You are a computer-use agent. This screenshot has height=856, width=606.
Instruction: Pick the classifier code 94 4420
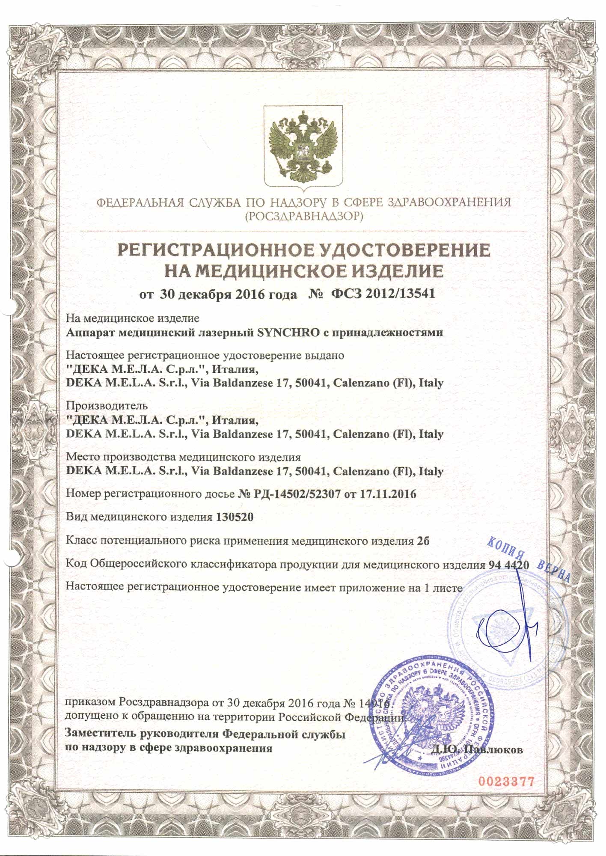click(x=508, y=565)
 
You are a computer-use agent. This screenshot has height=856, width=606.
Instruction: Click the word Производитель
click(x=107, y=405)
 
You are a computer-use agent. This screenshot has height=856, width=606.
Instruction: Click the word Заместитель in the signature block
click(x=100, y=734)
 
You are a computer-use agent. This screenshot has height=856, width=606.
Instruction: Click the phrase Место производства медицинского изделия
click(x=183, y=457)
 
